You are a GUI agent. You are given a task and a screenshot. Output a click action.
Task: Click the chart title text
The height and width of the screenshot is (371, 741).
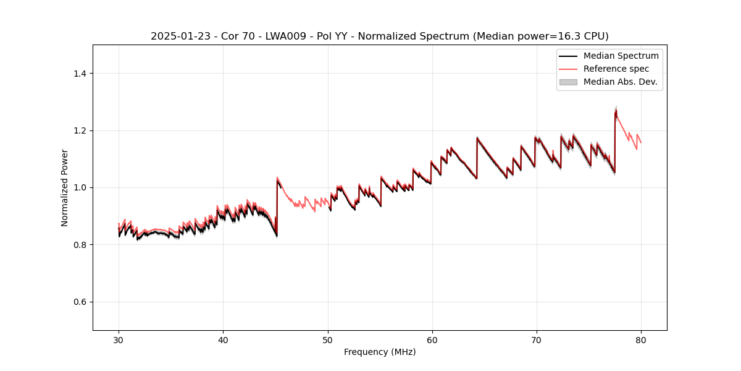click(x=379, y=36)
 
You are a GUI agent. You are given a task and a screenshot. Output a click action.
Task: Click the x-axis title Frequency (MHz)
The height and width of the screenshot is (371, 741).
click(x=379, y=352)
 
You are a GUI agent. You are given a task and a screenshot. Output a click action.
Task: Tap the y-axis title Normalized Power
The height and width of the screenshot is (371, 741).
click(x=65, y=187)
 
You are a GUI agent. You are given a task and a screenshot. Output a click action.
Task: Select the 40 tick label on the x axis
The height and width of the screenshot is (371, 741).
click(x=223, y=339)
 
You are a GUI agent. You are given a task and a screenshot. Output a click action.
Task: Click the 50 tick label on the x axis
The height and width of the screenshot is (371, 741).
click(x=327, y=339)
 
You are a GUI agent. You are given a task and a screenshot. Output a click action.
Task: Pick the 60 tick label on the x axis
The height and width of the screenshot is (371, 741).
click(x=432, y=339)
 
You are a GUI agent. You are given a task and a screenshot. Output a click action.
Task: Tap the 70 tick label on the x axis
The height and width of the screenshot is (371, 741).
click(x=537, y=339)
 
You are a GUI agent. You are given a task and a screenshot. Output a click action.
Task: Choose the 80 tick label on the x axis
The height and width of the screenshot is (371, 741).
click(x=641, y=339)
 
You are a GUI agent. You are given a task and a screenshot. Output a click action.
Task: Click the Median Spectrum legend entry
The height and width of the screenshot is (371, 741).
click(x=621, y=56)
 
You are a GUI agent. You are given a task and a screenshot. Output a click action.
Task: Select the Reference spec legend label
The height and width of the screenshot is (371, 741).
click(x=616, y=69)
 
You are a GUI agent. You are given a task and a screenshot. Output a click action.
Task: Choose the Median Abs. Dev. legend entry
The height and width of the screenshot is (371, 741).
click(x=621, y=82)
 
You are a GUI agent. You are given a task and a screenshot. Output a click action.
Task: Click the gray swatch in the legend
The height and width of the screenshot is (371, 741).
click(x=568, y=82)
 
